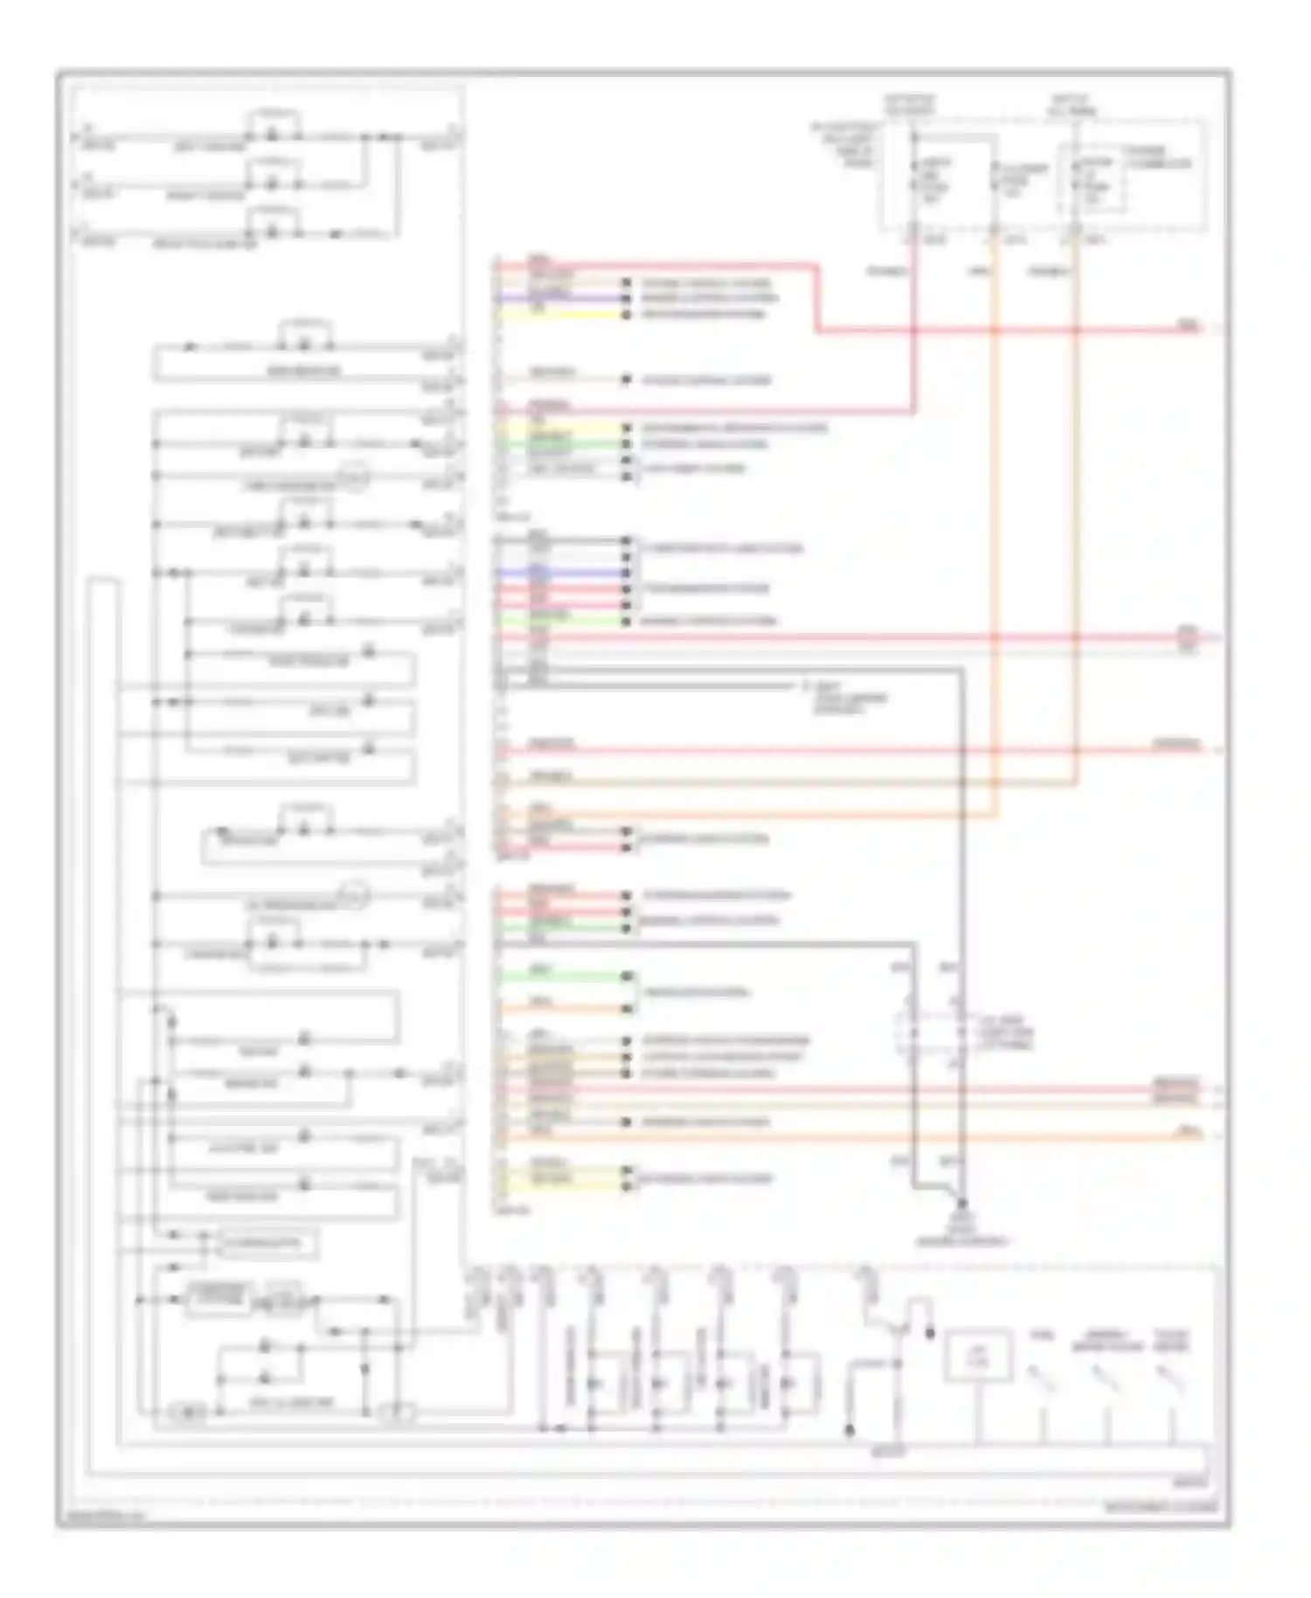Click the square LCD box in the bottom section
coord(978,1356)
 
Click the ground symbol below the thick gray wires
coord(961,1221)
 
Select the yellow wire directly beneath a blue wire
coord(559,313)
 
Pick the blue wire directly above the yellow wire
coord(559,299)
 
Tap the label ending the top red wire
coord(1189,325)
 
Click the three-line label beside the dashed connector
coord(1005,1032)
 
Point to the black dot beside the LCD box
coord(930,1334)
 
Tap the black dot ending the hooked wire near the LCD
coord(849,1430)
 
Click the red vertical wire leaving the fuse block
coord(914,332)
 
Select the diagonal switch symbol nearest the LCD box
coord(1041,1379)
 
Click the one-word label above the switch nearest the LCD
coord(1040,1335)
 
